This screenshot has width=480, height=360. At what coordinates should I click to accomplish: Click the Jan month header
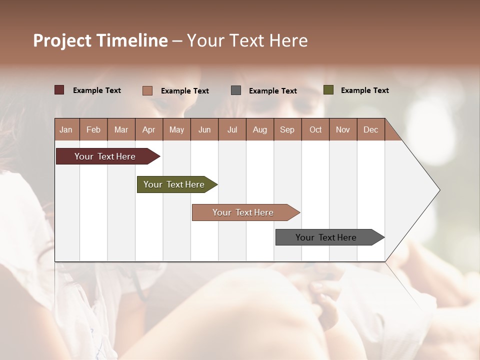pos(66,129)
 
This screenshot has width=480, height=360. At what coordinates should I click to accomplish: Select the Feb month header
pos(93,129)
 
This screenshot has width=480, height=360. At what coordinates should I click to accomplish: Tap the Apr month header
pos(148,129)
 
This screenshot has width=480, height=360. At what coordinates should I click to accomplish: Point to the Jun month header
pos(204,129)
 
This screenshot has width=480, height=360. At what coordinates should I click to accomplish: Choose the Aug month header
pos(259,129)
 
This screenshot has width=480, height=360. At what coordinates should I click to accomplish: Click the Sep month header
pos(287,129)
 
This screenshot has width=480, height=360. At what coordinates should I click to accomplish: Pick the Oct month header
pos(315,129)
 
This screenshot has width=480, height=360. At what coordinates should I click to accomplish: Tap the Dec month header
pos(370,129)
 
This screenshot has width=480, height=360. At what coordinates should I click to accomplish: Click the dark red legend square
pos(59,90)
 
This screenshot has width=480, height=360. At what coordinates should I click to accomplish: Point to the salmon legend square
pos(147,90)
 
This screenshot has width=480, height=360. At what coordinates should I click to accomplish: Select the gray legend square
pos(236,90)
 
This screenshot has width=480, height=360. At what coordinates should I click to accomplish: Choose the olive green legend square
pos(328,90)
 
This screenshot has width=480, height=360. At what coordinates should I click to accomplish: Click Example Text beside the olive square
pos(364,90)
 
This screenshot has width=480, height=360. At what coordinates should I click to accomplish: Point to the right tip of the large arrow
pos(438,190)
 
